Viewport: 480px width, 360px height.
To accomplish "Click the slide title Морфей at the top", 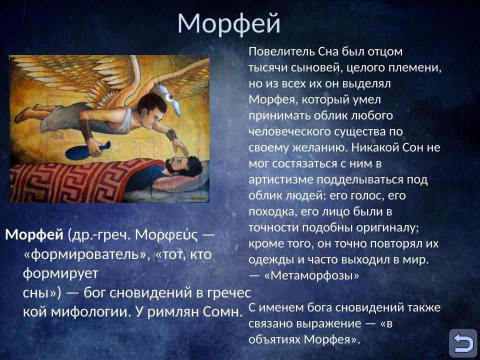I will (228, 23).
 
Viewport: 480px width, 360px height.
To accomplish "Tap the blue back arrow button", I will (462, 343).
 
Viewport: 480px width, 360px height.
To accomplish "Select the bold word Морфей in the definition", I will (34, 234).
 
